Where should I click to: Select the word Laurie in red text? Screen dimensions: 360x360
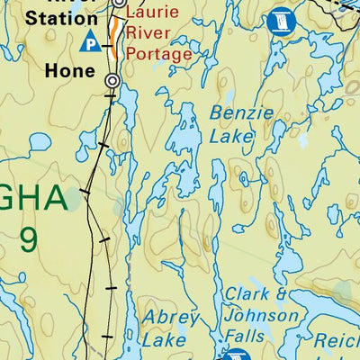(x=152, y=13)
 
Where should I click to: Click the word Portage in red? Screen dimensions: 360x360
(x=159, y=53)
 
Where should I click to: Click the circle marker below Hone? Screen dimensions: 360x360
(x=112, y=81)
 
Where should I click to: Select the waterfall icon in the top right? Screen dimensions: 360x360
(x=282, y=20)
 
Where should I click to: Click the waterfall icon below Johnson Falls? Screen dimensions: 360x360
(x=236, y=355)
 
